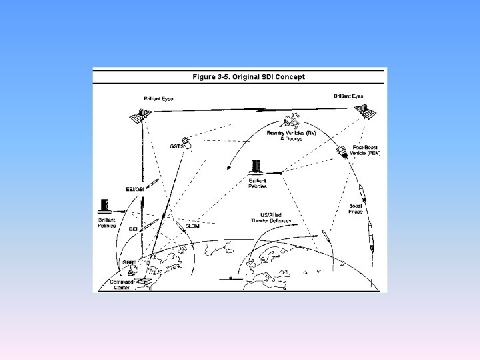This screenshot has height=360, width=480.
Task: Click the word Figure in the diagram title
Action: (203, 77)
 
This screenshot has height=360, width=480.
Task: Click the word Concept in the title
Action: (291, 77)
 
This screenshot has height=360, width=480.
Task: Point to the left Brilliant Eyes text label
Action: (159, 99)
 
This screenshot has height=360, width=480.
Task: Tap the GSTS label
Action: (177, 145)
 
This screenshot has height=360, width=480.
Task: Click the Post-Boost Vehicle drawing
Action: (341, 150)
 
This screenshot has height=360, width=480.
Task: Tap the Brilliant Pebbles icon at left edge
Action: (103, 206)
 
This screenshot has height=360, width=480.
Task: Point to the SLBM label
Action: (192, 227)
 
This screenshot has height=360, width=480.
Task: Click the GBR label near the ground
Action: (129, 263)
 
